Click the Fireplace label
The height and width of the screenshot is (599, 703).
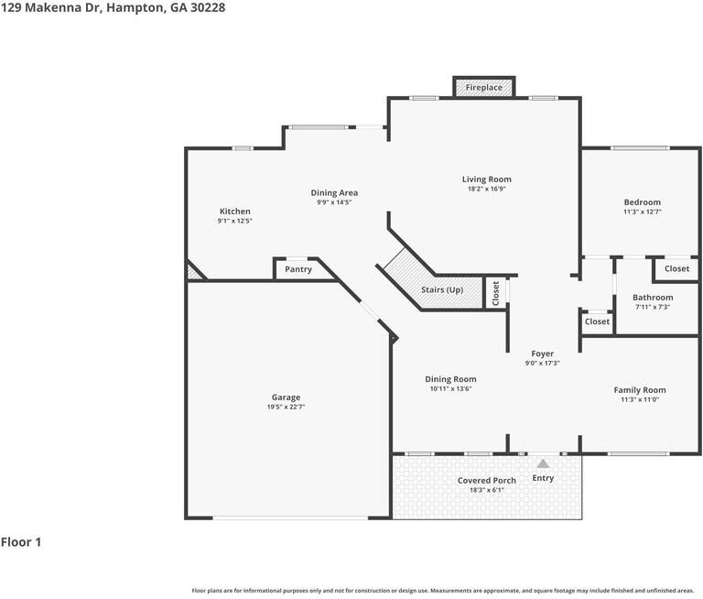[x=483, y=88]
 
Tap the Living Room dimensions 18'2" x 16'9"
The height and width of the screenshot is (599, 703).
[x=486, y=189]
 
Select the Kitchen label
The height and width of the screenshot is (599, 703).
[x=235, y=211]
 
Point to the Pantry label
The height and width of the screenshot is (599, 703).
[x=298, y=269]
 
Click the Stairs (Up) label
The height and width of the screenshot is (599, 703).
[x=442, y=289]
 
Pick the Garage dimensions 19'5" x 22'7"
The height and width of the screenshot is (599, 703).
[x=286, y=407]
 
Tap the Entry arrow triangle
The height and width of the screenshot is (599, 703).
[x=543, y=463]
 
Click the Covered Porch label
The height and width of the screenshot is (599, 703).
[x=486, y=480]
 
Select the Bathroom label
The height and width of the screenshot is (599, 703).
[x=653, y=298]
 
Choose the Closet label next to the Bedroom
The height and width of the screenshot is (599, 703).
[x=677, y=268]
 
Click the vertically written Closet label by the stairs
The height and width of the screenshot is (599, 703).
[x=496, y=293]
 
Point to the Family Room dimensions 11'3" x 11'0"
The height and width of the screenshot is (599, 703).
[x=640, y=399]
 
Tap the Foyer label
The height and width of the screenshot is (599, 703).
[x=543, y=354]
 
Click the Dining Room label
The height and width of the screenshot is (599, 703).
[x=450, y=379]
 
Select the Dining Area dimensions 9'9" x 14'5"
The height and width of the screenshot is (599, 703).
[x=334, y=202]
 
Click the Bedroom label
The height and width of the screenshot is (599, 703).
[x=642, y=202]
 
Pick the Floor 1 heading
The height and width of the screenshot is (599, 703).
[x=21, y=542]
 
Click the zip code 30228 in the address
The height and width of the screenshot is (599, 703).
[x=208, y=7]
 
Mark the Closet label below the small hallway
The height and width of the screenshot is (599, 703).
[x=597, y=321]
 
